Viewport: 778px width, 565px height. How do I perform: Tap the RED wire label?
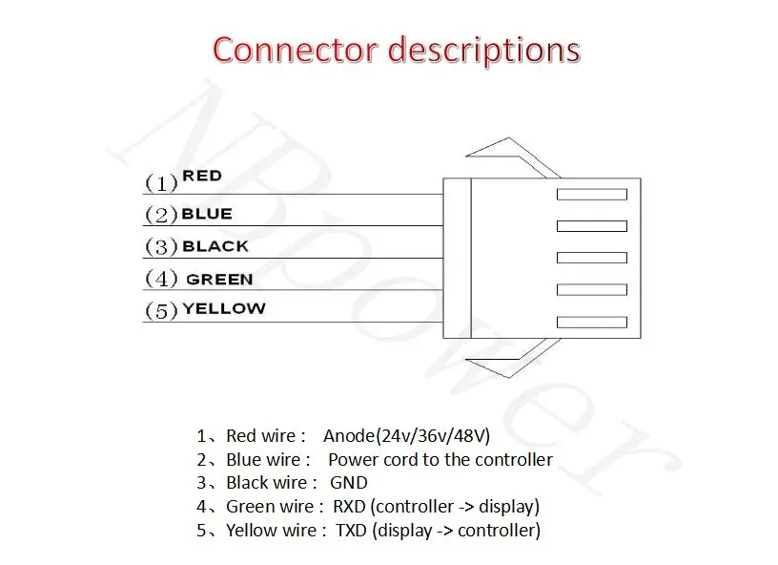click(202, 176)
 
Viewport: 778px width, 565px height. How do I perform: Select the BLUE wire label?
click(207, 214)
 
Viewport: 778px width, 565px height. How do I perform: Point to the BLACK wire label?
click(215, 246)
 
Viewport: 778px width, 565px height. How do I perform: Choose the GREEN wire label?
click(219, 280)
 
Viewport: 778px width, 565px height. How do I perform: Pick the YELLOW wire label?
click(224, 308)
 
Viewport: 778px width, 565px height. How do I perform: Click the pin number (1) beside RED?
click(161, 182)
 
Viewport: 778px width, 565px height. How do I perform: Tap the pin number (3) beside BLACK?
click(161, 247)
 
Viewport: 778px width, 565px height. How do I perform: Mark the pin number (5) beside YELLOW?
click(161, 311)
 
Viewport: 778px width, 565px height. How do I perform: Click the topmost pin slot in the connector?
click(591, 194)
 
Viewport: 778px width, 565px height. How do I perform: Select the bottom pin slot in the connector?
click(591, 323)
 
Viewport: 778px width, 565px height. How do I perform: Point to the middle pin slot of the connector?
click(591, 258)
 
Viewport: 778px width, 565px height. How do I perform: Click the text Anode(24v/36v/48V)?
click(406, 436)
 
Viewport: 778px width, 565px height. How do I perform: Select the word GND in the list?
click(348, 483)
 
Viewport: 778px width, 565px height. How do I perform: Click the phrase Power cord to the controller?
click(440, 459)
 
